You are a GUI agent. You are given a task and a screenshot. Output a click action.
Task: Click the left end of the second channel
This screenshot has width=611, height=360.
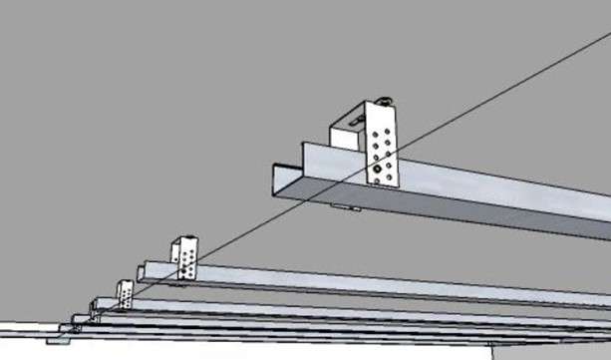pyautogui.click(x=144, y=272)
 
